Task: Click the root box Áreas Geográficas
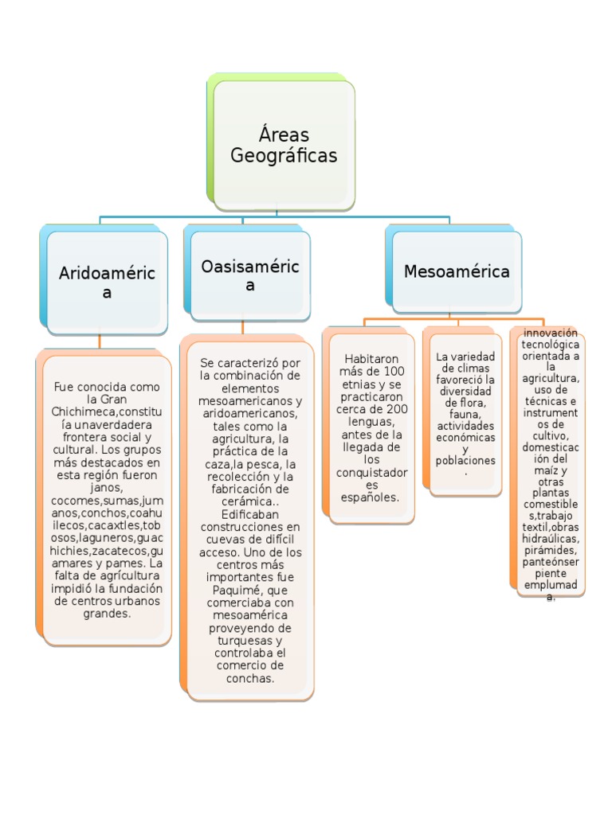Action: click(x=284, y=145)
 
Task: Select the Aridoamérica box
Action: click(x=107, y=283)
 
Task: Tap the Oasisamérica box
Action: click(x=250, y=275)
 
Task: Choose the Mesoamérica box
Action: click(x=457, y=271)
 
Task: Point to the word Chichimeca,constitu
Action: click(x=107, y=411)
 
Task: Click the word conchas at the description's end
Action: click(x=250, y=678)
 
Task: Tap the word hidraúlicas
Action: click(x=551, y=539)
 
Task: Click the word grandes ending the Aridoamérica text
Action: click(x=107, y=614)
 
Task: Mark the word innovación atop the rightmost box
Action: click(x=551, y=333)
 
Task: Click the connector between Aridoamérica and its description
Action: click(x=100, y=341)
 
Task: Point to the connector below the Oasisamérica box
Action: click(x=243, y=327)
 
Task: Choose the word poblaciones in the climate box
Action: click(x=466, y=460)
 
